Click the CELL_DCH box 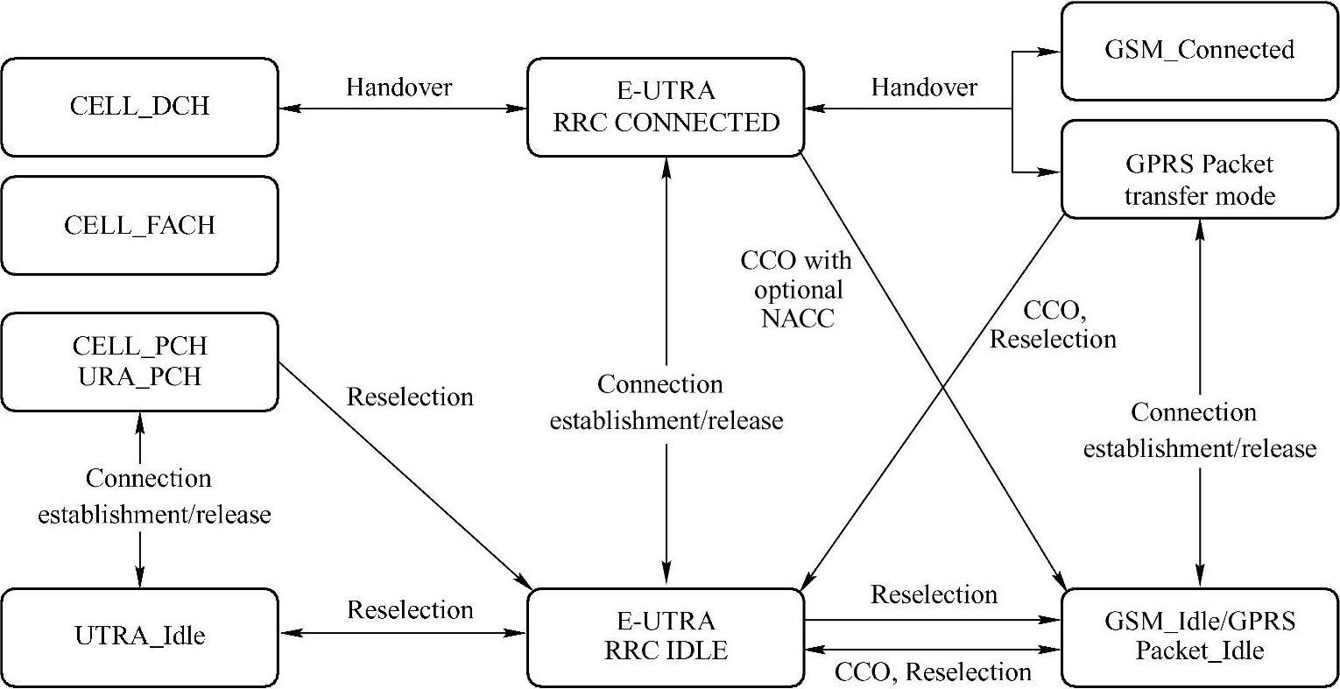click(x=139, y=107)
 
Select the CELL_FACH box click(x=139, y=225)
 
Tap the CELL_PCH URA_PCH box click(x=139, y=361)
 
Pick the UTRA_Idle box click(x=139, y=636)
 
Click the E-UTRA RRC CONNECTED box click(x=666, y=107)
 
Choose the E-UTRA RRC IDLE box click(x=666, y=636)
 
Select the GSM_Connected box click(x=1199, y=50)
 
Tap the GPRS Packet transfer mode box click(x=1199, y=179)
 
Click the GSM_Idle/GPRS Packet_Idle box click(x=1199, y=636)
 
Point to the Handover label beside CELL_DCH click(x=399, y=87)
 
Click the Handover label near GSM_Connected click(x=924, y=87)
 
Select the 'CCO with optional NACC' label click(x=796, y=289)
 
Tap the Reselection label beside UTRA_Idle click(x=410, y=609)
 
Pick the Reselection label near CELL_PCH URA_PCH click(x=410, y=397)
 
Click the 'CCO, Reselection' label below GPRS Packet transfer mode click(x=1053, y=324)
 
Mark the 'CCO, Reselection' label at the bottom click(x=933, y=672)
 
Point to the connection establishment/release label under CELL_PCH click(x=153, y=496)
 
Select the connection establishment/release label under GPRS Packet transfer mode click(x=1199, y=431)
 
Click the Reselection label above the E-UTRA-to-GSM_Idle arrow click(x=934, y=595)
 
